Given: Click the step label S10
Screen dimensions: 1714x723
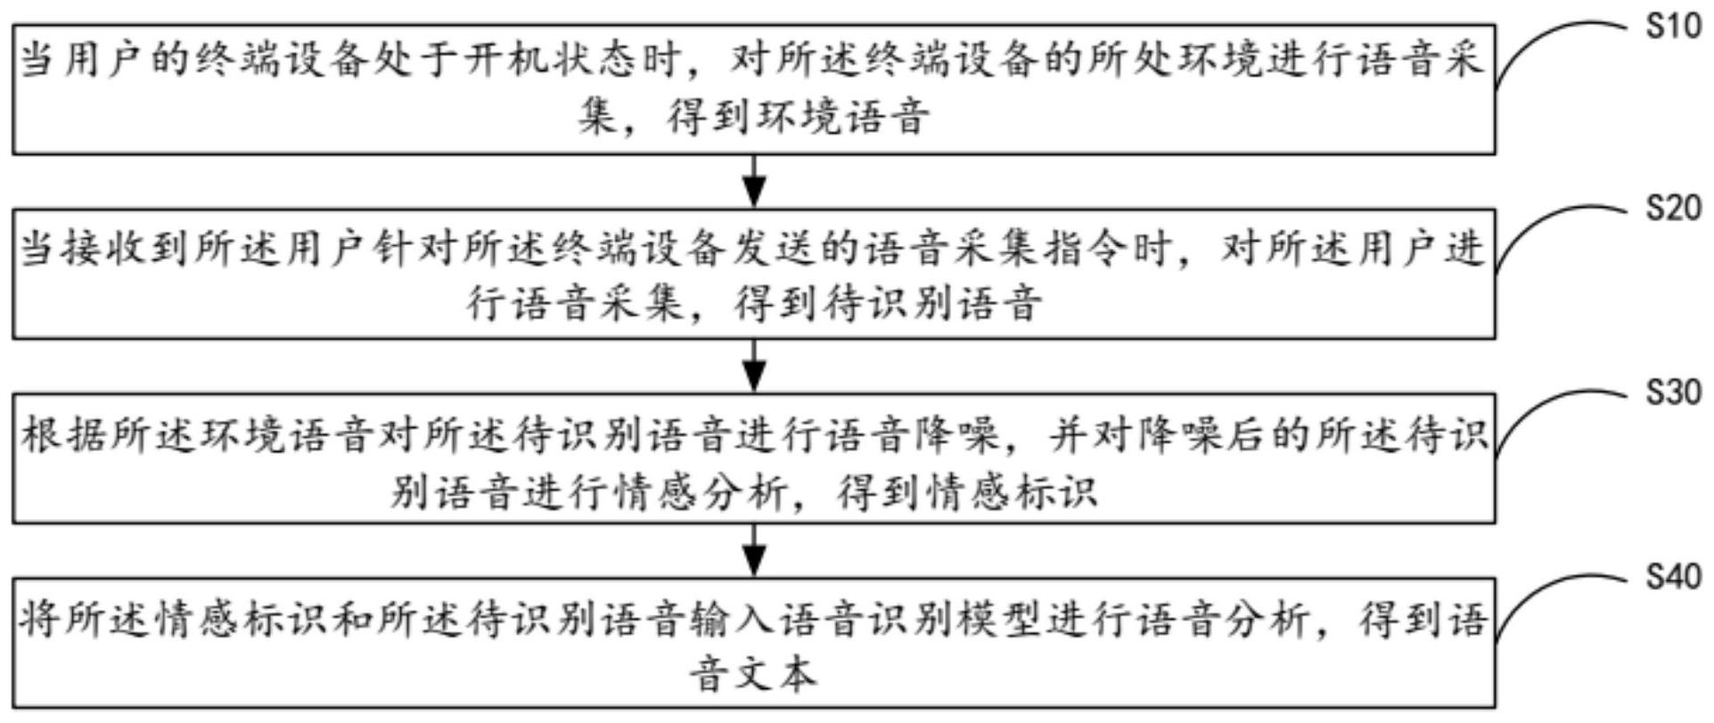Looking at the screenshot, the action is click(x=1674, y=27).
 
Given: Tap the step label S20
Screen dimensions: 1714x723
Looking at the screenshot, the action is click(x=1674, y=209).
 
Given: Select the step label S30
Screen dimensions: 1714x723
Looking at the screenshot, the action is click(x=1674, y=392).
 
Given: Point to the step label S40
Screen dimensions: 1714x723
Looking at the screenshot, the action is click(x=1674, y=577).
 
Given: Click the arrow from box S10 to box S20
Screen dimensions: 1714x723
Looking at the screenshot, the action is click(x=755, y=181).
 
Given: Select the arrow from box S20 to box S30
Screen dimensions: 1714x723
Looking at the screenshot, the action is click(x=755, y=366).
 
